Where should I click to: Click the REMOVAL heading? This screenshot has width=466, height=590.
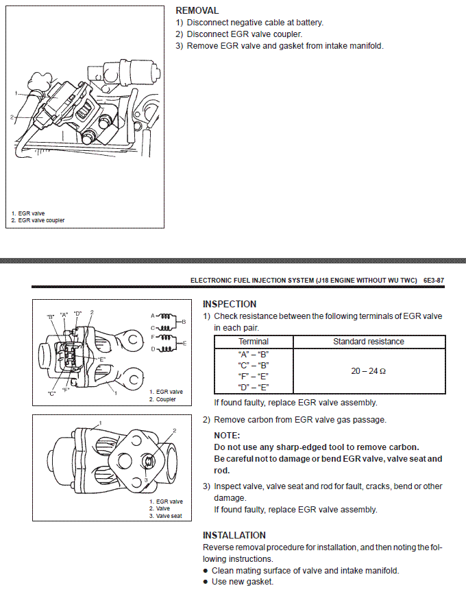pyautogui.click(x=197, y=11)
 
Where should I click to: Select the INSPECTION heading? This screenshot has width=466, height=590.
pyautogui.click(x=230, y=304)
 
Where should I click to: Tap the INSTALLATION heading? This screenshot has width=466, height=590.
pyautogui.click(x=234, y=535)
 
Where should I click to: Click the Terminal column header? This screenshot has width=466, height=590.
pyautogui.click(x=253, y=342)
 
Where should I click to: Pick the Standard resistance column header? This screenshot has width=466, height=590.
pyautogui.click(x=369, y=342)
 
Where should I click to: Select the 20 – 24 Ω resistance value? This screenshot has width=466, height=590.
pyautogui.click(x=369, y=371)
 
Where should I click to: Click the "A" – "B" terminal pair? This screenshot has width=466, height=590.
pyautogui.click(x=253, y=354)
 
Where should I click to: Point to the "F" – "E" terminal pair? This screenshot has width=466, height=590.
pyautogui.click(x=253, y=376)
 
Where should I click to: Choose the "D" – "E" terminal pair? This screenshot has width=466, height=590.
pyautogui.click(x=253, y=388)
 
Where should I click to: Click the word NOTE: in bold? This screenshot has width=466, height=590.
pyautogui.click(x=227, y=436)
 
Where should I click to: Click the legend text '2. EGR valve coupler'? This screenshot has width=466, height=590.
pyautogui.click(x=38, y=220)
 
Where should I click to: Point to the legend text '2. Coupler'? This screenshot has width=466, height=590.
pyautogui.click(x=162, y=399)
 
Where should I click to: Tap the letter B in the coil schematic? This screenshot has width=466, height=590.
pyautogui.click(x=184, y=320)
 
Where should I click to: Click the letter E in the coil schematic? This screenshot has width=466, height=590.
pyautogui.click(x=185, y=342)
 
